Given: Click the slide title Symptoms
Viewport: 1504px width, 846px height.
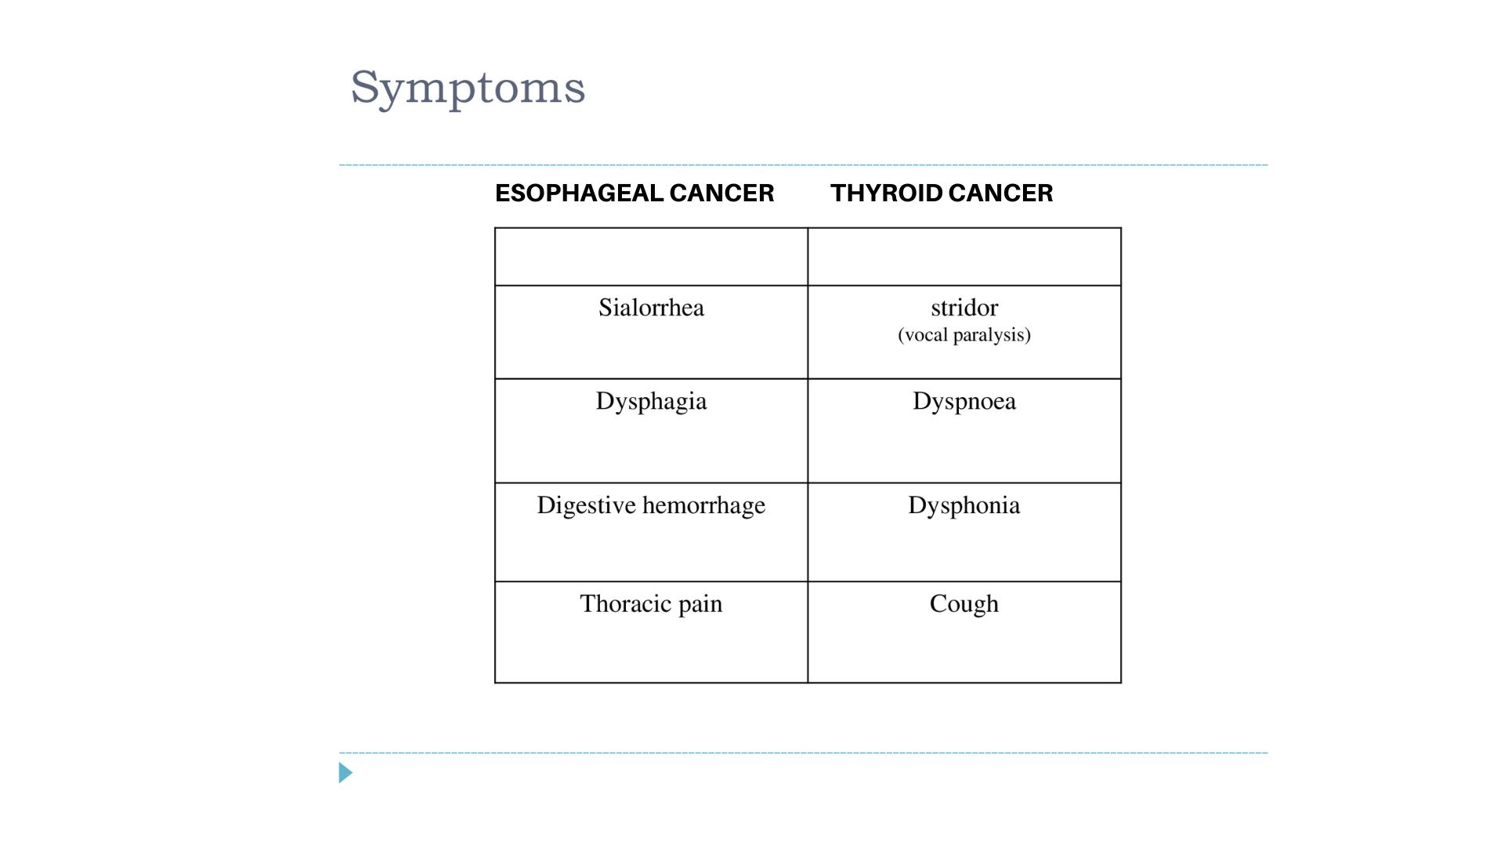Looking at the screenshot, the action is point(468,88).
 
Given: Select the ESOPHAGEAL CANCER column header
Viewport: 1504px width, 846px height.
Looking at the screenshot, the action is point(634,193).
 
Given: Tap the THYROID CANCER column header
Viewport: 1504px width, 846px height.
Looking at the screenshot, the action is point(942,193).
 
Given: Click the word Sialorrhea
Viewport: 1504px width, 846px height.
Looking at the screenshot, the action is point(651,307).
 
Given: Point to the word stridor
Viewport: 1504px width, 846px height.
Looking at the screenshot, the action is point(964,307).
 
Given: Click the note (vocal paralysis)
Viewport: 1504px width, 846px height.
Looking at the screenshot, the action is point(964,335).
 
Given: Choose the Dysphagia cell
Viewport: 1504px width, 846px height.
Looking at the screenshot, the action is point(651,431).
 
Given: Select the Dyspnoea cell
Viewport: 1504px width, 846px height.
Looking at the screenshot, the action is point(964,431).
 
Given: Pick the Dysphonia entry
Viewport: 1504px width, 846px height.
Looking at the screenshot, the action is point(964,506).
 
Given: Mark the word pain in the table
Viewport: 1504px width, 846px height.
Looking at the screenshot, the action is point(700,605).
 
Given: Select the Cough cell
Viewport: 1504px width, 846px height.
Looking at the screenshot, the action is point(964,632).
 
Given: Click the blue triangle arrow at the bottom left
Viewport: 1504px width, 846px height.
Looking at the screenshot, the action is point(345,773).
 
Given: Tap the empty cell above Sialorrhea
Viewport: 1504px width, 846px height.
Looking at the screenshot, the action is point(651,257).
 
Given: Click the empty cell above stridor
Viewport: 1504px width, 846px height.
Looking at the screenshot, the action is point(964,257).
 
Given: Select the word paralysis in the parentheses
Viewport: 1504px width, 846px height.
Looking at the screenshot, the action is point(992,335).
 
